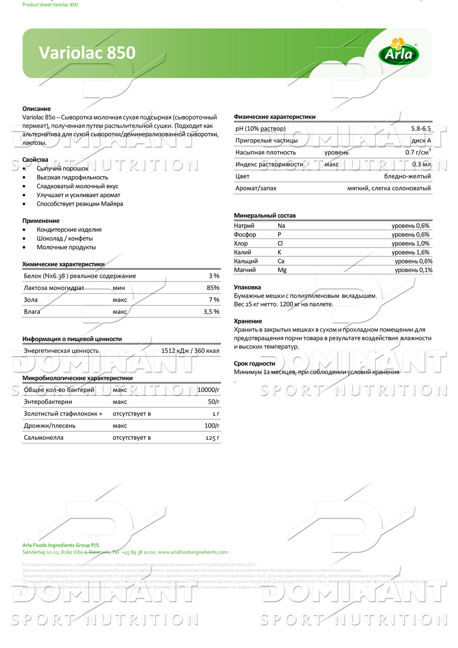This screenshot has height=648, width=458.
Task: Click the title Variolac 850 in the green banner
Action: pos(87,53)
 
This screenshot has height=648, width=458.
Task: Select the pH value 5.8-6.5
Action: pos(421,128)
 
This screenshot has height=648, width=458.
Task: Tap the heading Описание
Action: pos(36,109)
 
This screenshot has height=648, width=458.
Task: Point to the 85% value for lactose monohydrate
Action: pos(213,288)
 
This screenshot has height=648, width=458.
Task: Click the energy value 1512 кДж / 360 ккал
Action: pos(190,351)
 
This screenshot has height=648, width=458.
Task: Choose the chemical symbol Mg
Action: pos(282,270)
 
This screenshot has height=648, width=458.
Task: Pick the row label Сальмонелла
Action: pos(43,438)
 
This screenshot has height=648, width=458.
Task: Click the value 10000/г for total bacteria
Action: pos(208,390)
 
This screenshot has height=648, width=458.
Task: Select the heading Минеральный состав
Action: pos(264,215)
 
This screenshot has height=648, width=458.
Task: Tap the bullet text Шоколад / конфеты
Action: pos(65,239)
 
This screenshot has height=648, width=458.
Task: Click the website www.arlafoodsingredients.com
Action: pos(192,552)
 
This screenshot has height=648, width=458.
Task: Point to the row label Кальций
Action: pos(245,261)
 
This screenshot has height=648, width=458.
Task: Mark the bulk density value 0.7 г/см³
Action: pos(418,152)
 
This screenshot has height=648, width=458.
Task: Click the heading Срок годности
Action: pos(254,363)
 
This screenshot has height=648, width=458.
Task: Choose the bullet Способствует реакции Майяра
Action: pos(80,204)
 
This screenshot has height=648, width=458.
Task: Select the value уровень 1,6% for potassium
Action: pos(410,252)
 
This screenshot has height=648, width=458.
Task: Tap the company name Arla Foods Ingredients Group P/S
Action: pos(60,545)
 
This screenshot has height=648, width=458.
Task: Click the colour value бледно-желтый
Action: pos(407,176)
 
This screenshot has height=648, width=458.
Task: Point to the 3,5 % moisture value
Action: pos(211,312)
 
